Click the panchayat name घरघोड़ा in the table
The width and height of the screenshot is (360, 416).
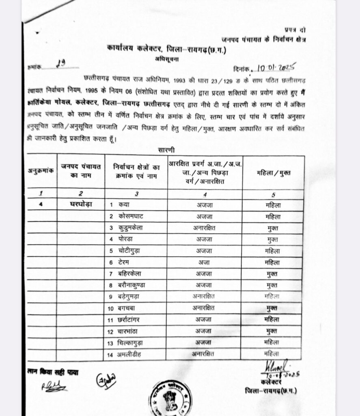pyautogui.click(x=81, y=204)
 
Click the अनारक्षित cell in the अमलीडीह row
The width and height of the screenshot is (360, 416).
pyautogui.click(x=204, y=353)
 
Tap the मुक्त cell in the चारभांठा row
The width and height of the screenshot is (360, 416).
pyautogui.click(x=272, y=331)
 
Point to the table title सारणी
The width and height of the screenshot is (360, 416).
pyautogui.click(x=166, y=150)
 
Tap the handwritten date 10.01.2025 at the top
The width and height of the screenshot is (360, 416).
pyautogui.click(x=276, y=67)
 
